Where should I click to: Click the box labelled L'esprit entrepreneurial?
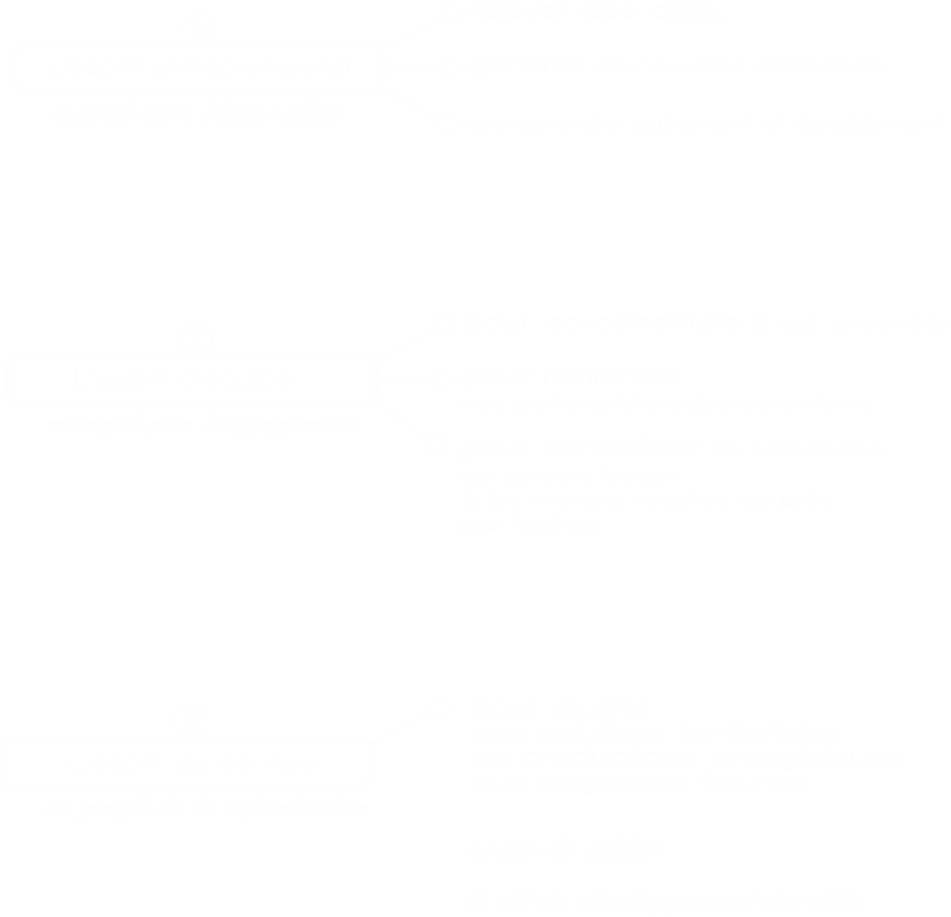point(197,67)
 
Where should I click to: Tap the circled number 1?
point(198,30)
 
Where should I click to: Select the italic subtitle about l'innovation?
point(197,112)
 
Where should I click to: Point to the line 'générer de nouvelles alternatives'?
point(704,122)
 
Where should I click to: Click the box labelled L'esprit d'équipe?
point(192,379)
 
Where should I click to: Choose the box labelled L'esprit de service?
point(188,764)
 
